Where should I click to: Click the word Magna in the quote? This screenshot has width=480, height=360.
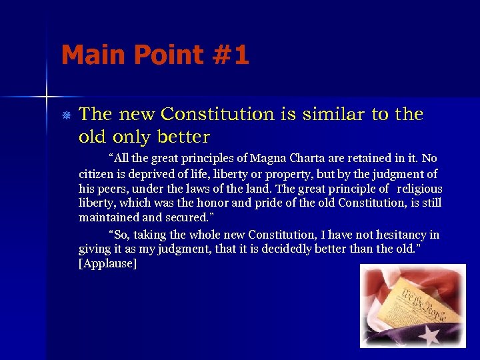(x=267, y=159)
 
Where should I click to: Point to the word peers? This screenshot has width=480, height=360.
(x=111, y=189)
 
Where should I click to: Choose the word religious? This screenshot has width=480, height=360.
(x=419, y=189)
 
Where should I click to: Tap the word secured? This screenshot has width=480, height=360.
(x=188, y=218)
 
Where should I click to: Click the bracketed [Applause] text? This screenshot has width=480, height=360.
(x=108, y=264)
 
